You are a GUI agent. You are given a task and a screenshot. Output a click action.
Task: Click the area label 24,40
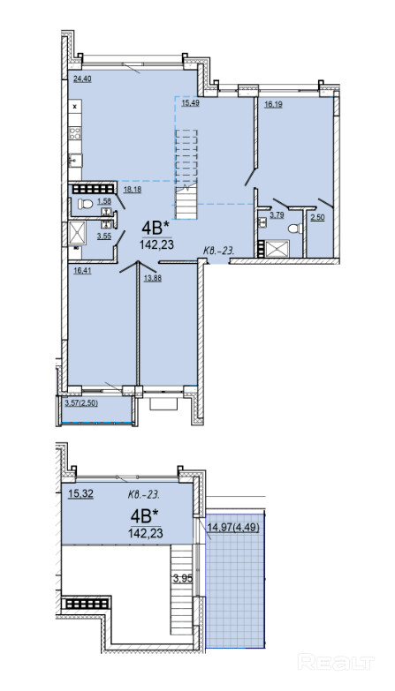[81, 79]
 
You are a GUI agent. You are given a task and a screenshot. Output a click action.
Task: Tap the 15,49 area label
[190, 103]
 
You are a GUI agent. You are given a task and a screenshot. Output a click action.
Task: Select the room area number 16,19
[274, 104]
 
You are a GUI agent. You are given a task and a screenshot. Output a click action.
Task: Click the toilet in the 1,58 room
[84, 204]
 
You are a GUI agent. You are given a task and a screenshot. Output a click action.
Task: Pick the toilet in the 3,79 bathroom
[294, 229]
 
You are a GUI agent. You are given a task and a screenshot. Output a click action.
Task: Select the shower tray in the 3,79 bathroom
[276, 248]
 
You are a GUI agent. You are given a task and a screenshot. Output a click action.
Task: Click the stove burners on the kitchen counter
[74, 133]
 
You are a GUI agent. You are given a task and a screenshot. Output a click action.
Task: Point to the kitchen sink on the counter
[74, 160]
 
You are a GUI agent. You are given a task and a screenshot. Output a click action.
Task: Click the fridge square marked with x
[74, 107]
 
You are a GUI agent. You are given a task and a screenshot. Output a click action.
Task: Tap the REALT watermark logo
[336, 662]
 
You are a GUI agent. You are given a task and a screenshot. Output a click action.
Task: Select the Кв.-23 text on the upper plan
[218, 251]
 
